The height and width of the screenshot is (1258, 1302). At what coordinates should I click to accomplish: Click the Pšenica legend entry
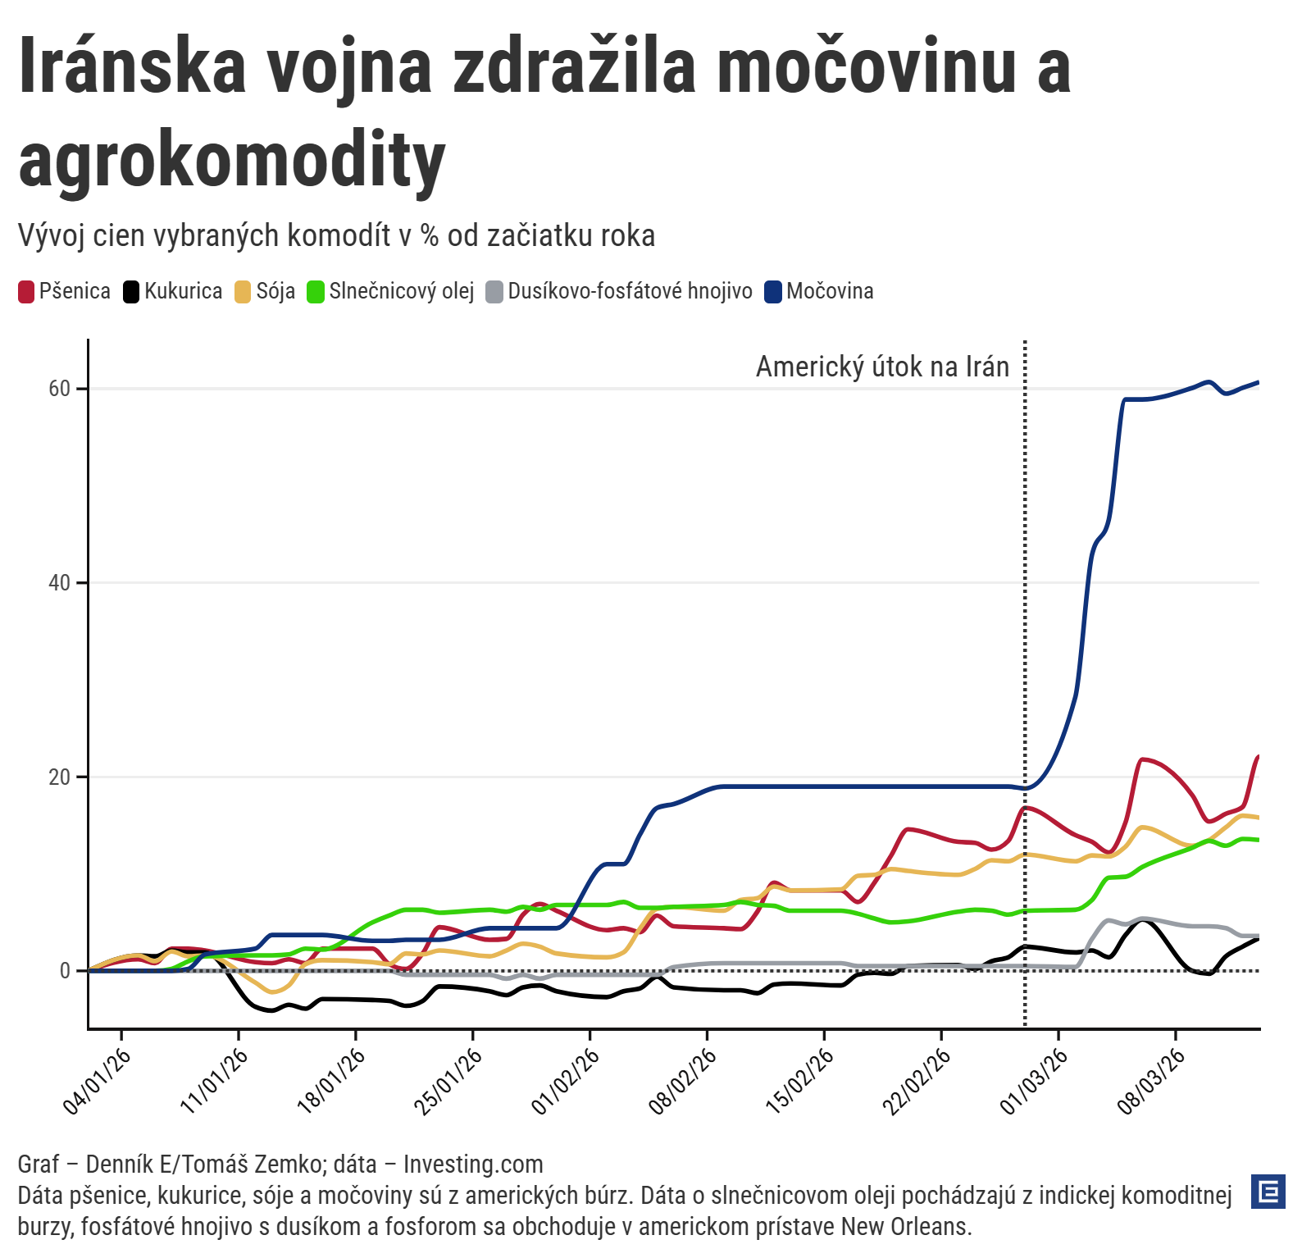click(x=65, y=291)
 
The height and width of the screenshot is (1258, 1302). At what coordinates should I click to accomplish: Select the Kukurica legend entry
click(x=173, y=291)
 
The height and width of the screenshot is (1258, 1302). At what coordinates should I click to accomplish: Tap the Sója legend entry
click(x=265, y=291)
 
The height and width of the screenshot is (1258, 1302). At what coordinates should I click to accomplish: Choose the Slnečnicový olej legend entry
click(x=391, y=291)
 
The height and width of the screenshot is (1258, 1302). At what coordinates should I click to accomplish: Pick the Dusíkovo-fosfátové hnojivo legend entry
click(x=619, y=291)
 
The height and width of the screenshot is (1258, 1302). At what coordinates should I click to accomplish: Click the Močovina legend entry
click(x=819, y=291)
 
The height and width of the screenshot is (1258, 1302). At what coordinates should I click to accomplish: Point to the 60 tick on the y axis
click(x=60, y=389)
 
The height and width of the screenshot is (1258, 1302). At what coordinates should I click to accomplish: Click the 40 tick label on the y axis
click(x=60, y=583)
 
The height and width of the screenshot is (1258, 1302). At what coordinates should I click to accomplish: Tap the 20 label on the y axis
click(x=60, y=777)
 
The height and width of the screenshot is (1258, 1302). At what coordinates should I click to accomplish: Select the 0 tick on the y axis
click(x=65, y=971)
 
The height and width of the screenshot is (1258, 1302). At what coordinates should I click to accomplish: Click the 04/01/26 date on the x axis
click(x=98, y=1080)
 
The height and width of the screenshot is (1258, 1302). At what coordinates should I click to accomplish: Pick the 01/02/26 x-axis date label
click(x=567, y=1080)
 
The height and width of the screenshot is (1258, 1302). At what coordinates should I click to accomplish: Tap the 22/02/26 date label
click(x=917, y=1080)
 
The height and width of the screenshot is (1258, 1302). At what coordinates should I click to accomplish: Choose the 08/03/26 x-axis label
click(x=1152, y=1080)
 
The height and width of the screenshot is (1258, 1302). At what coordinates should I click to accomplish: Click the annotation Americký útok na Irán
click(x=882, y=367)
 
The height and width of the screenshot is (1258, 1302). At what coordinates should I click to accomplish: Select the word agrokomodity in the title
click(x=232, y=160)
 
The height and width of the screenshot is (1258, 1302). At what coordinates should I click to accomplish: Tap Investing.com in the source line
click(x=473, y=1165)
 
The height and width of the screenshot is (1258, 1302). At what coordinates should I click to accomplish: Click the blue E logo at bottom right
click(x=1268, y=1192)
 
